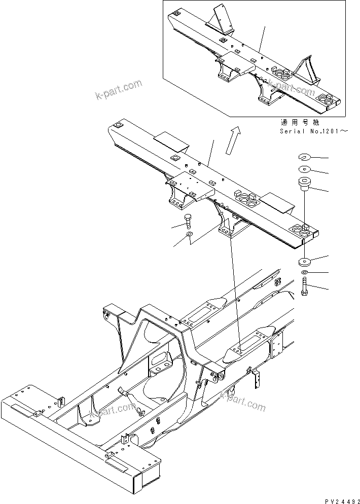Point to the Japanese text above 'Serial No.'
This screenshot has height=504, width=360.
[300, 123]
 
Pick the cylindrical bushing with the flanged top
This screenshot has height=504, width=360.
[305, 184]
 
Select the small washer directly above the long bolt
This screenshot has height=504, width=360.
[304, 274]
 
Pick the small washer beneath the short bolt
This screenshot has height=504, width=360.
[189, 236]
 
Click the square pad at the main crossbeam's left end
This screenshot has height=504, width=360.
[120, 125]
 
